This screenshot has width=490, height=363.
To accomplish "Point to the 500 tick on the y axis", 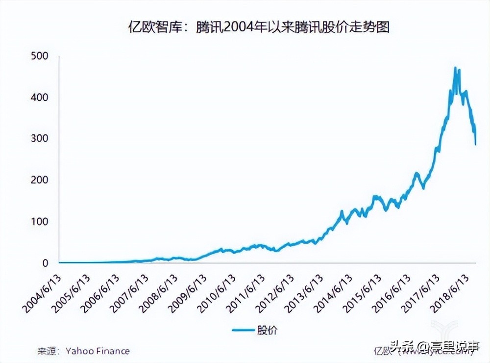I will pyautogui.click(x=39, y=56).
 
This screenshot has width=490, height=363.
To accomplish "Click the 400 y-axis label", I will pyautogui.click(x=39, y=98).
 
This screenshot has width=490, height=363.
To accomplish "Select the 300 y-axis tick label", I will pyautogui.click(x=39, y=139).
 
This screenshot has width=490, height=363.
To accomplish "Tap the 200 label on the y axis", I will pyautogui.click(x=39, y=181).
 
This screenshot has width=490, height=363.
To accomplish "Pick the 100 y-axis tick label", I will pyautogui.click(x=39, y=222).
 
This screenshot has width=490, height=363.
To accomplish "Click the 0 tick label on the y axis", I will pyautogui.click(x=46, y=263).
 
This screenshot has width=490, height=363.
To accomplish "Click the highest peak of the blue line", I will pyautogui.click(x=455, y=68).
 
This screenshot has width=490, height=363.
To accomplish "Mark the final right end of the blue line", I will pyautogui.click(x=475, y=144).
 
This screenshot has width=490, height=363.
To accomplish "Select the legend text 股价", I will pyautogui.click(x=267, y=330).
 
